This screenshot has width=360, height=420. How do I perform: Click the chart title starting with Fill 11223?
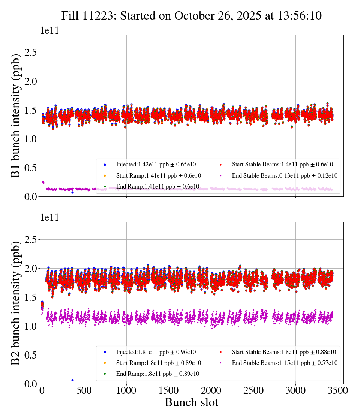click(192, 15)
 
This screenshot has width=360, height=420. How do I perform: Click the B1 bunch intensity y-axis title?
click(16, 115)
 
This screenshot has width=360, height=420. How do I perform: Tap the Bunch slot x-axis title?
click(192, 402)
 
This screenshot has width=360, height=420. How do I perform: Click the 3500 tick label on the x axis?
click(338, 390)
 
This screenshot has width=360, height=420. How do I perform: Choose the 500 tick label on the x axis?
click(84, 390)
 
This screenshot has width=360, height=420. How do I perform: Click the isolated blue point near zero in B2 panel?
click(72, 380)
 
